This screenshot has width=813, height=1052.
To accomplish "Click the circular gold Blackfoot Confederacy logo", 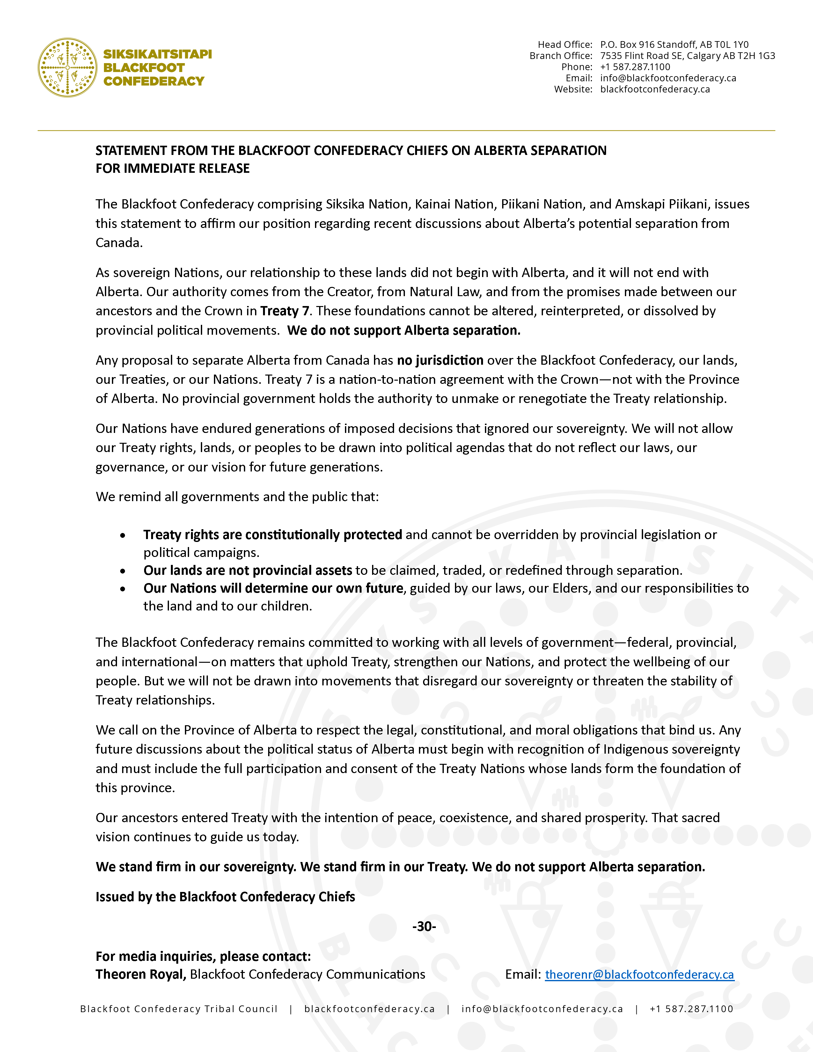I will (x=67, y=68).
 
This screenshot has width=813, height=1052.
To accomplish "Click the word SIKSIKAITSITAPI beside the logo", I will (x=157, y=54).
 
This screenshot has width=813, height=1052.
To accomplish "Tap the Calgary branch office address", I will (x=687, y=56).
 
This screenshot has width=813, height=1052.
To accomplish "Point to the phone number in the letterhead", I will (x=635, y=67).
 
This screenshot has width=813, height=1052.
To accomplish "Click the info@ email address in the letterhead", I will (x=668, y=78).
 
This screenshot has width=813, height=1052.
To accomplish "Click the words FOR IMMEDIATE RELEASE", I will (x=172, y=169).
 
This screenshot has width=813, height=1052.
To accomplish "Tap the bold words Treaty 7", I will (x=285, y=311).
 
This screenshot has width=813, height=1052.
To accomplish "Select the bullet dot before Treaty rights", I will (x=123, y=535).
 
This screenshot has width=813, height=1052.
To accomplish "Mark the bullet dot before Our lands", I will (x=123, y=571).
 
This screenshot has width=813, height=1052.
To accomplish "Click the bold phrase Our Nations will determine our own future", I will (x=273, y=588).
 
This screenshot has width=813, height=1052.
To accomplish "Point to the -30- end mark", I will (x=424, y=926).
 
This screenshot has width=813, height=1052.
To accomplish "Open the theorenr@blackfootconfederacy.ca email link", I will (x=639, y=975).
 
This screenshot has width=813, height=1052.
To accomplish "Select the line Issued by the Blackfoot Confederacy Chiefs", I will (x=225, y=896).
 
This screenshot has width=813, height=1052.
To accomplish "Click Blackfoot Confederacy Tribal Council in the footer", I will (x=179, y=1009).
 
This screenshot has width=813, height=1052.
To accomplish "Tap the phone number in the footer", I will (x=691, y=1009).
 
